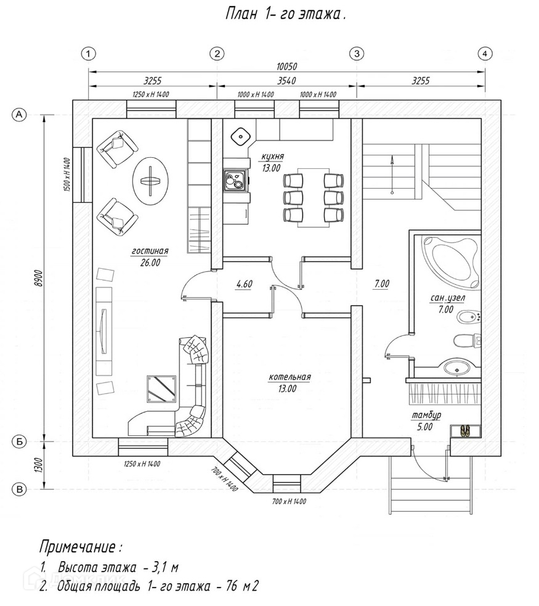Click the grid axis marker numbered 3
(357, 54)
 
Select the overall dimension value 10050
(286, 67)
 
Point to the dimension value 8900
(38, 278)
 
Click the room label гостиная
(150, 251)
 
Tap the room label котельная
(290, 377)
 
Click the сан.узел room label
(447, 298)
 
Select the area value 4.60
(244, 284)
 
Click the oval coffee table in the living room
(150, 181)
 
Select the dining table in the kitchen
(313, 197)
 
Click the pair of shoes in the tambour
(465, 430)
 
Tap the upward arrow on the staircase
(392, 174)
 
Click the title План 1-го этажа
(285, 15)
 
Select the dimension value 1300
(38, 465)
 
